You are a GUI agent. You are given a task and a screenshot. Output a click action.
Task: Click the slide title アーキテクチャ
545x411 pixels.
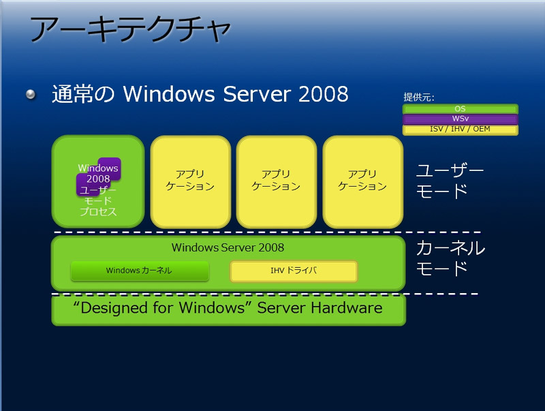[x=130, y=29]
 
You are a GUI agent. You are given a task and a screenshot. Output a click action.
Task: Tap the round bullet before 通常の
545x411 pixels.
[x=31, y=94]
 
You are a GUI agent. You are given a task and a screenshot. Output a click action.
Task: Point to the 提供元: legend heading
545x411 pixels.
[x=419, y=97]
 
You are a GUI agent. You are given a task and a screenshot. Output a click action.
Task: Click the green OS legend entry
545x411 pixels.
[x=461, y=109]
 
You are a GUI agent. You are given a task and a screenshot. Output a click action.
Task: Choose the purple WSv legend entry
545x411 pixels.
[x=461, y=119]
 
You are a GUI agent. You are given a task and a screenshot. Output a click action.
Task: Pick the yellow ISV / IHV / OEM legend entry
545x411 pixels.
[x=461, y=130]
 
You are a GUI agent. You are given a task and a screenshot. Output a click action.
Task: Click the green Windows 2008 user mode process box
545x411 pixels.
[x=98, y=181]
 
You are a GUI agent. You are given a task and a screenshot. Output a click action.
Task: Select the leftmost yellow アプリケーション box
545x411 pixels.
[x=191, y=181]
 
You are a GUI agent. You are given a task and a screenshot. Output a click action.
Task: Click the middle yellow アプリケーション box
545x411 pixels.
[x=277, y=181]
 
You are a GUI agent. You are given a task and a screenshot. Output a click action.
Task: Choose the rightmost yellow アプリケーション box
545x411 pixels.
[x=362, y=181]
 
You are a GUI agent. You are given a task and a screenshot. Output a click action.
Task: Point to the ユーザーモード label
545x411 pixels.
[x=450, y=181]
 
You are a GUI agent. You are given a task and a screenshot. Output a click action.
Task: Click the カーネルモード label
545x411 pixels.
[x=450, y=258]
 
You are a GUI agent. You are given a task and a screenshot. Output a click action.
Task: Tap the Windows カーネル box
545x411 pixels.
[x=140, y=271]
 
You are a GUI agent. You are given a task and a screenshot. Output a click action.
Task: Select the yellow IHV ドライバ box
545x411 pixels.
[x=294, y=271]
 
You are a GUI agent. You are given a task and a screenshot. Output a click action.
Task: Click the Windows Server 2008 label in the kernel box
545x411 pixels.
[x=228, y=247]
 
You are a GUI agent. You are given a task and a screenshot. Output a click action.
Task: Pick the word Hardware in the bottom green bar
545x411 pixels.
[x=347, y=307]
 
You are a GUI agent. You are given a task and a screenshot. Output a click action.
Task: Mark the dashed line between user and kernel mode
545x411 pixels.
[x=268, y=232]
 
